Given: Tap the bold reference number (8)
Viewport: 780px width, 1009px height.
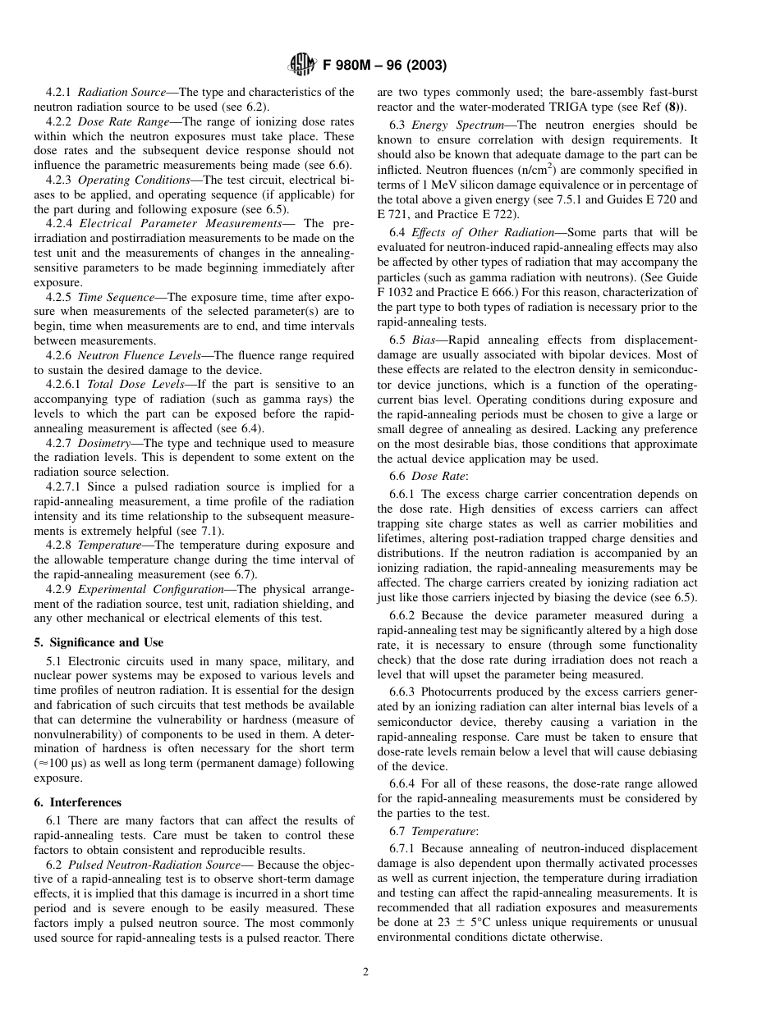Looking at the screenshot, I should point(677,107).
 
